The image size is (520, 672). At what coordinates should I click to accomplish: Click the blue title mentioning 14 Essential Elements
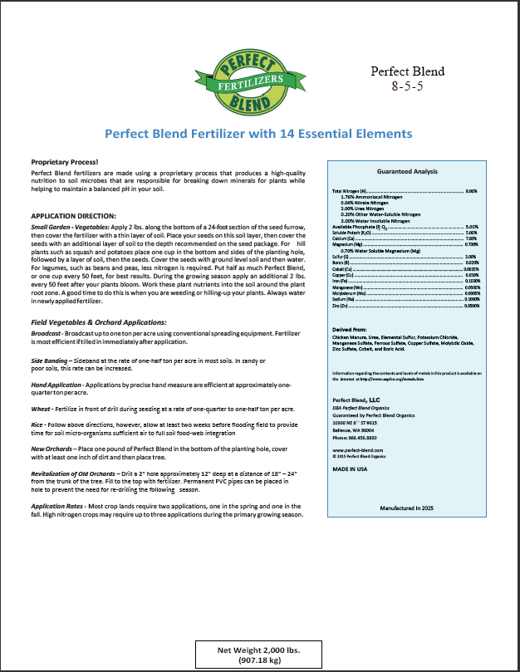click(258, 133)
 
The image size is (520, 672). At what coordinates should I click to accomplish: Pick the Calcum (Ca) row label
click(334, 238)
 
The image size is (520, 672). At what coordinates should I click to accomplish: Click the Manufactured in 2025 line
click(407, 507)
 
